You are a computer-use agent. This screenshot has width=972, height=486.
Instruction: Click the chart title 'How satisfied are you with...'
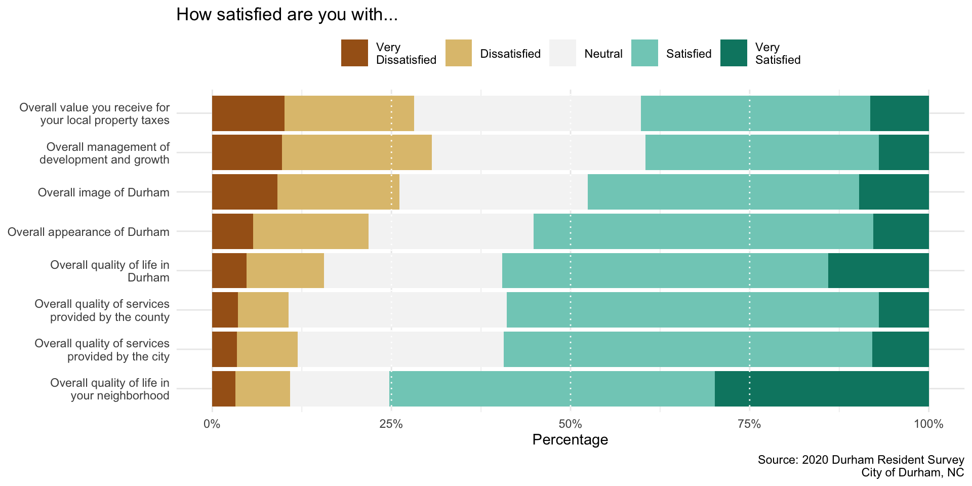[287, 15]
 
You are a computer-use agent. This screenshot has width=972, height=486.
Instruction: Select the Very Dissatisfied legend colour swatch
[354, 53]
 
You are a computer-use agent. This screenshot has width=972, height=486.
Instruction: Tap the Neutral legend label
[603, 54]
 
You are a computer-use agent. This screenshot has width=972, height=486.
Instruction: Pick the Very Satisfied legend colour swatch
[734, 53]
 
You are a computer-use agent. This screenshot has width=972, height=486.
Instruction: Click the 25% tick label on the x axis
[391, 424]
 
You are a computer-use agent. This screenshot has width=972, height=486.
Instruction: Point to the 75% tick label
[749, 424]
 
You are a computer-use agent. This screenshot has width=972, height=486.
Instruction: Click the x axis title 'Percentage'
[570, 439]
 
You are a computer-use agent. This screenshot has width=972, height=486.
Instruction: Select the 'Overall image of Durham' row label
[103, 192]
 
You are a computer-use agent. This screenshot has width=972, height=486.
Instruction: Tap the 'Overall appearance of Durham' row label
[89, 232]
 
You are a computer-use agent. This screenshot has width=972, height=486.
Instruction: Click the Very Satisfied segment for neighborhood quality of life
[822, 389]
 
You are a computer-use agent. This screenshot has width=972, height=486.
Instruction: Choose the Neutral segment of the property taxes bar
[527, 113]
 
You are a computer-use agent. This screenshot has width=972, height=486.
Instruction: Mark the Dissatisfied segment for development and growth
[357, 152]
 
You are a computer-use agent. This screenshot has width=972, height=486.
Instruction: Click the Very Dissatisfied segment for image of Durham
[245, 192]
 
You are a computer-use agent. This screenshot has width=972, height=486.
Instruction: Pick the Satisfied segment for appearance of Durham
[703, 231]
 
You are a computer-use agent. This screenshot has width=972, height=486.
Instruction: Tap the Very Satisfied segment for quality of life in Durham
[878, 271]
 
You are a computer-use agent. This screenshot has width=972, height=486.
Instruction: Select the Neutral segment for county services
[397, 310]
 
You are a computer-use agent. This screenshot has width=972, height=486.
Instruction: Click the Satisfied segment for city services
[687, 349]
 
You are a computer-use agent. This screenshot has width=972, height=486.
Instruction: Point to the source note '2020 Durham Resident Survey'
[861, 460]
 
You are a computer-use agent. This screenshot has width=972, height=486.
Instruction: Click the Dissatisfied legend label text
[510, 54]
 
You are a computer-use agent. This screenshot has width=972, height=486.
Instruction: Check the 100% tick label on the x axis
[928, 424]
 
